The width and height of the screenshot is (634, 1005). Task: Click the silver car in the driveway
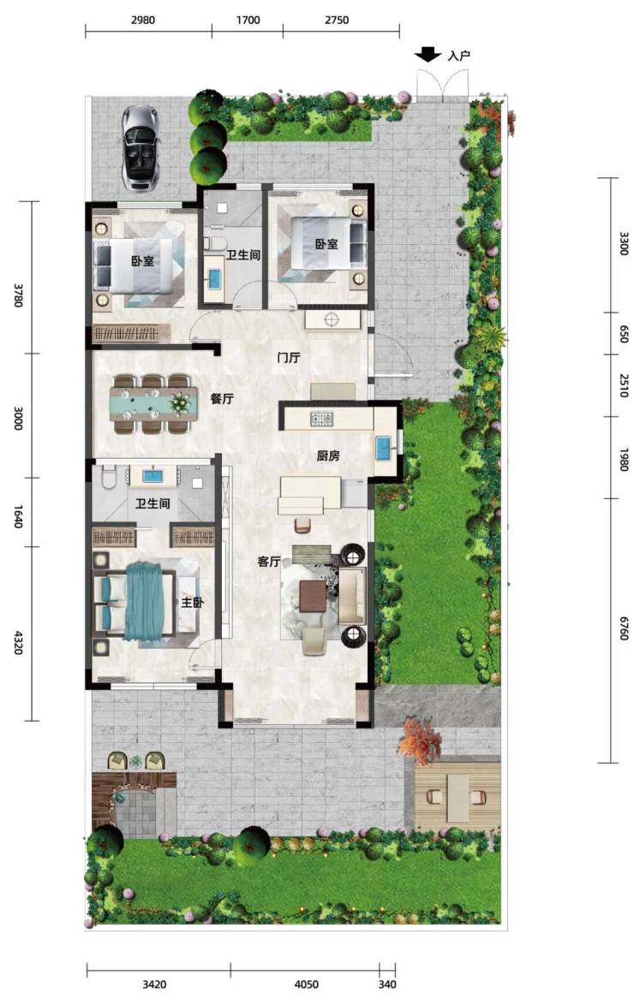pos(140,147)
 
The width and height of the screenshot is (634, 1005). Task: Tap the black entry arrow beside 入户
pos(428,55)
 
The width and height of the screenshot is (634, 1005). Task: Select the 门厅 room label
pos(288,358)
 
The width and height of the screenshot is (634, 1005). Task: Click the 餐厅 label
pos(222,398)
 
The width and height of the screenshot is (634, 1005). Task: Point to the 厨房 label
pos(328,455)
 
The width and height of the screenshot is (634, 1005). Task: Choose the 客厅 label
pos(269,562)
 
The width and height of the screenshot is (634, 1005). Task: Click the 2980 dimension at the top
pos(142,20)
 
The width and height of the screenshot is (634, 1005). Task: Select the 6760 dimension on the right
pos(623,628)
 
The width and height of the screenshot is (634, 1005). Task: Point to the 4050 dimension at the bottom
pos(306,984)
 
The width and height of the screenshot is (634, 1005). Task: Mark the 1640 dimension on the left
pos(18,516)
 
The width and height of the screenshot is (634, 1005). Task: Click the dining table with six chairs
pos(153,403)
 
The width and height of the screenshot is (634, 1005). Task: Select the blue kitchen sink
pos(384,448)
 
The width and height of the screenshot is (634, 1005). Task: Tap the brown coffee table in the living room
pos(314,596)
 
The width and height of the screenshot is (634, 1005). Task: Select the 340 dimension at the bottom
pos(387,984)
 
